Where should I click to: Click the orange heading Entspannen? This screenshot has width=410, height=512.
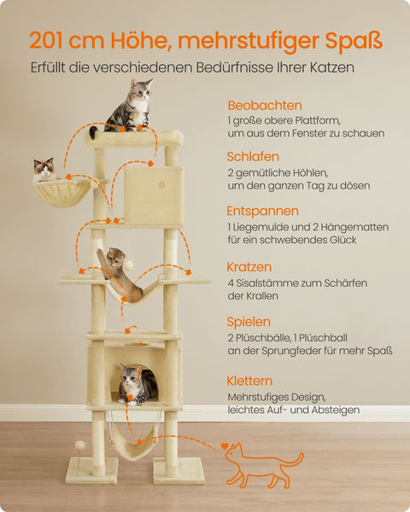262,210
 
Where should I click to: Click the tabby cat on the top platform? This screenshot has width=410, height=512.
128,107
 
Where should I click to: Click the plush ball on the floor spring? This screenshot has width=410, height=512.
79,445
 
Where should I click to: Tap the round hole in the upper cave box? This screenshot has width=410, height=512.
161,184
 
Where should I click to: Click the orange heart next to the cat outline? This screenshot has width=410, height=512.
225,445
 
